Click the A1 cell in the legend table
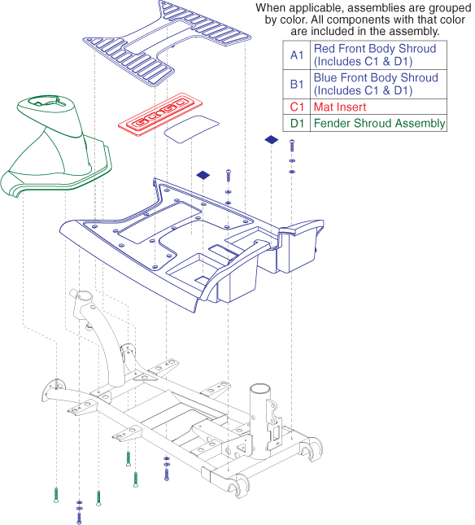tap(297, 55)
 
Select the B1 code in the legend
tap(297, 84)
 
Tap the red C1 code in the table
tap(297, 107)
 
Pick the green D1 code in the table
tap(297, 123)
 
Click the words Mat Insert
tap(340, 107)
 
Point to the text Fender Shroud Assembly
tap(379, 123)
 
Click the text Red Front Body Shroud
tap(375, 49)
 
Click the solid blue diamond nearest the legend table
tap(272, 140)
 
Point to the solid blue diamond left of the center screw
tap(203, 175)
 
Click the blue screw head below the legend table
tap(292, 142)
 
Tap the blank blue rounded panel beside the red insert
tap(191, 129)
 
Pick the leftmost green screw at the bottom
tap(56, 495)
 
